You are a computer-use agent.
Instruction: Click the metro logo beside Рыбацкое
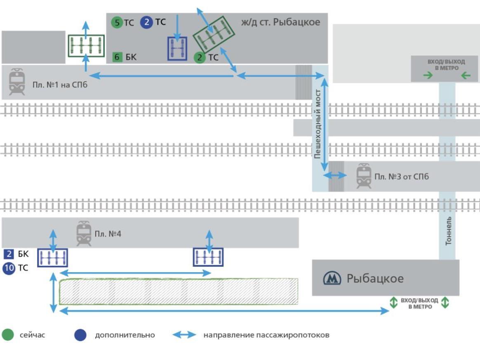pos(332,278)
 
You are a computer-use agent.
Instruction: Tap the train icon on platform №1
pos(17,82)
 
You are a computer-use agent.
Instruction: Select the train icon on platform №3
pos(364,176)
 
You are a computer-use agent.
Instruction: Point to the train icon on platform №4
pos(84,233)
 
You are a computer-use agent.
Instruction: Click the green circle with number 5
pos(117,22)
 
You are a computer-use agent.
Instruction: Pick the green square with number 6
pos(117,57)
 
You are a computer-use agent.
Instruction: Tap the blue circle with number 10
pos(9,268)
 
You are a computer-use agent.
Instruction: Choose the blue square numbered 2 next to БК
pos(9,254)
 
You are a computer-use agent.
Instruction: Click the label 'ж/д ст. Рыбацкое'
pos(280,22)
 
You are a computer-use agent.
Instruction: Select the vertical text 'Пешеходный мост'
pos(318,124)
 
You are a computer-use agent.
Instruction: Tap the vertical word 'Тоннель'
pos(448,231)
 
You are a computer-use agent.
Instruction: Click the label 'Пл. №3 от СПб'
pos(401,176)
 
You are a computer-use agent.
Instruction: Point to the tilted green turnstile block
pos(214,34)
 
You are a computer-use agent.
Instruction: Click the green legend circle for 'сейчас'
pos(8,334)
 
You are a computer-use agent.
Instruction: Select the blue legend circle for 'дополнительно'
pos(80,335)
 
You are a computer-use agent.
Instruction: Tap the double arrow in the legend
pos(184,334)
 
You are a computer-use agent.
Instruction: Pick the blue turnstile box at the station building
pos(177,48)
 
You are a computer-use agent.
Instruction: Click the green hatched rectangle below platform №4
pos(179,292)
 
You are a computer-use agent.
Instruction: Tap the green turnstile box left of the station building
pos(86,46)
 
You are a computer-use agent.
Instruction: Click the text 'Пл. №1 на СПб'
pos(60,85)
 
